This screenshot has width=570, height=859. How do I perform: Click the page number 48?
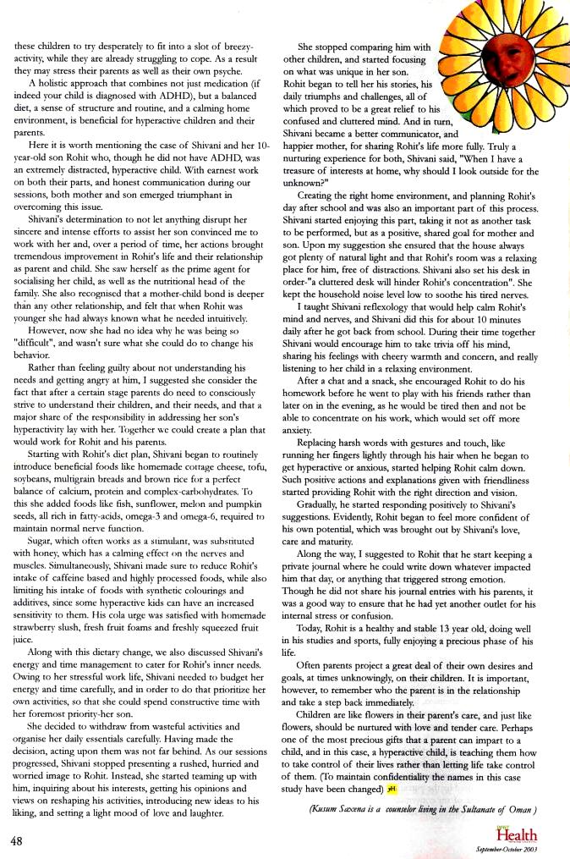pyautogui.click(x=17, y=841)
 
